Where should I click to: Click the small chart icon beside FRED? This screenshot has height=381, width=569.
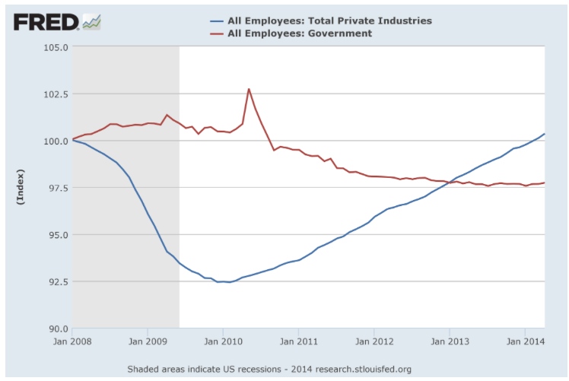pyautogui.click(x=92, y=22)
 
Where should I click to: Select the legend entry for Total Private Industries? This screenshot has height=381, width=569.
pyautogui.click(x=329, y=21)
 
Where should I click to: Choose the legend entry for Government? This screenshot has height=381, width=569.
pyautogui.click(x=299, y=33)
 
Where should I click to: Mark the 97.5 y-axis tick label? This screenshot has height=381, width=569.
pyautogui.click(x=55, y=188)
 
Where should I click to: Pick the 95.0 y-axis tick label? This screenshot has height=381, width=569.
pyautogui.click(x=55, y=235)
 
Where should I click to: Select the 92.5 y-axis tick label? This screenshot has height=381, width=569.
pyautogui.click(x=55, y=281)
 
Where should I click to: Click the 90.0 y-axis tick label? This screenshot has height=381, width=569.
pyautogui.click(x=55, y=329)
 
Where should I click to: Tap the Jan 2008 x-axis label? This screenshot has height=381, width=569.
pyautogui.click(x=72, y=341)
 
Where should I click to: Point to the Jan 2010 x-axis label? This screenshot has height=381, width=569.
pyautogui.click(x=223, y=341)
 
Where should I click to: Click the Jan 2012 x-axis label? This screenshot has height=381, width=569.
pyautogui.click(x=374, y=341)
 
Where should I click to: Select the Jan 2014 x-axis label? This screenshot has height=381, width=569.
pyautogui.click(x=526, y=341)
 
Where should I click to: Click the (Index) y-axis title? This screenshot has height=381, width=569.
pyautogui.click(x=21, y=188)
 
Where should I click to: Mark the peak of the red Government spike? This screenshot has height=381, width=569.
pyautogui.click(x=249, y=89)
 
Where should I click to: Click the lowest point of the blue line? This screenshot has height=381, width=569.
pyautogui.click(x=229, y=282)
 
